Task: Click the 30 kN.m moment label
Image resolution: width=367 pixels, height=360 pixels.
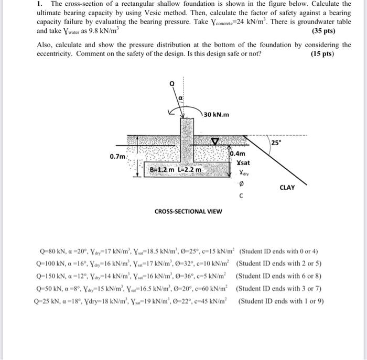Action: tap(216, 115)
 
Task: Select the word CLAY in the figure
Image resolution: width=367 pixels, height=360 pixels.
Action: tap(287, 187)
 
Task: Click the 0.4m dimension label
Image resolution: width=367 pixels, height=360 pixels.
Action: tap(238, 154)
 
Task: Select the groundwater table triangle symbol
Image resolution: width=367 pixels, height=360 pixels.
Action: tap(213, 140)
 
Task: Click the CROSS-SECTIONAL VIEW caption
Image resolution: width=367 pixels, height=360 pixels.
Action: tap(188, 211)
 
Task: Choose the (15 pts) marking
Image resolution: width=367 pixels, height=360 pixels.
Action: tap(322, 53)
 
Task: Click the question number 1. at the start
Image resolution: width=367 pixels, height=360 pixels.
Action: tap(40, 3)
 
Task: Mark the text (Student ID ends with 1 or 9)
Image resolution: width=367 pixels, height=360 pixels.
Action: tap(282, 301)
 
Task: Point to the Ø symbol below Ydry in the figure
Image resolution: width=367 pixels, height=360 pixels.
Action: tap(241, 184)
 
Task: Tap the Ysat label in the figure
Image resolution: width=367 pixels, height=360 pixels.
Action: tap(243, 163)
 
